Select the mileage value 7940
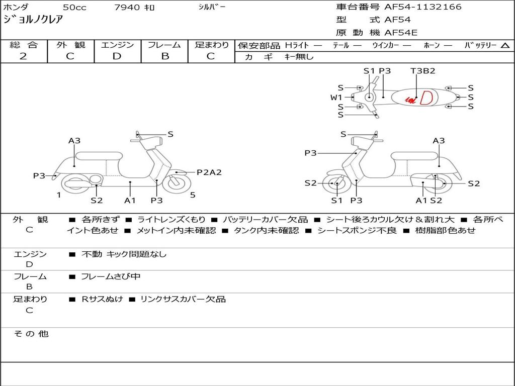(x=127, y=7)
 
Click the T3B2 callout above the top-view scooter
(x=422, y=70)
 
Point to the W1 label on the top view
(x=336, y=97)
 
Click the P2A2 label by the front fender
(x=209, y=172)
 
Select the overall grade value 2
(x=23, y=56)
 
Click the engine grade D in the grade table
(x=117, y=56)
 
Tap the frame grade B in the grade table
(x=165, y=56)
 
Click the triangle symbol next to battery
(x=505, y=46)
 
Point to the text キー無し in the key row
(x=299, y=57)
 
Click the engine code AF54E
(x=401, y=33)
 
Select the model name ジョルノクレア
(x=33, y=20)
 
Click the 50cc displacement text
(x=74, y=7)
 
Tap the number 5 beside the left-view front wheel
(x=193, y=195)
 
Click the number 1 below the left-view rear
(x=59, y=195)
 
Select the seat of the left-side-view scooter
(x=99, y=156)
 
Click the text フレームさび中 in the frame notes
(x=111, y=277)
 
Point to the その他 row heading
(x=31, y=334)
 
